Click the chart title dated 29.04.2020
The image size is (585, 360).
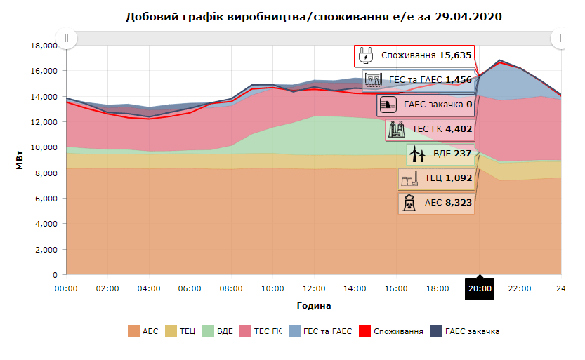[x=314, y=15]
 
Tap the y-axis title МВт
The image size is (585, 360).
[x=19, y=161]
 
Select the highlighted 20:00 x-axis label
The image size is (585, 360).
[x=480, y=288]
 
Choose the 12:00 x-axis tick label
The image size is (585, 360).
[x=314, y=288]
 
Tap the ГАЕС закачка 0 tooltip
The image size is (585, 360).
[x=426, y=106]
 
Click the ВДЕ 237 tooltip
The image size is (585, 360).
[x=440, y=154]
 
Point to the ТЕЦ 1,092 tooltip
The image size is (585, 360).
[x=436, y=179]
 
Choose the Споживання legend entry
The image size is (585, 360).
[x=391, y=331]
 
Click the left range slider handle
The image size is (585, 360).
[x=66, y=38]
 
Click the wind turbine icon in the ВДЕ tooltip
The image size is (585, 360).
[x=417, y=154]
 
